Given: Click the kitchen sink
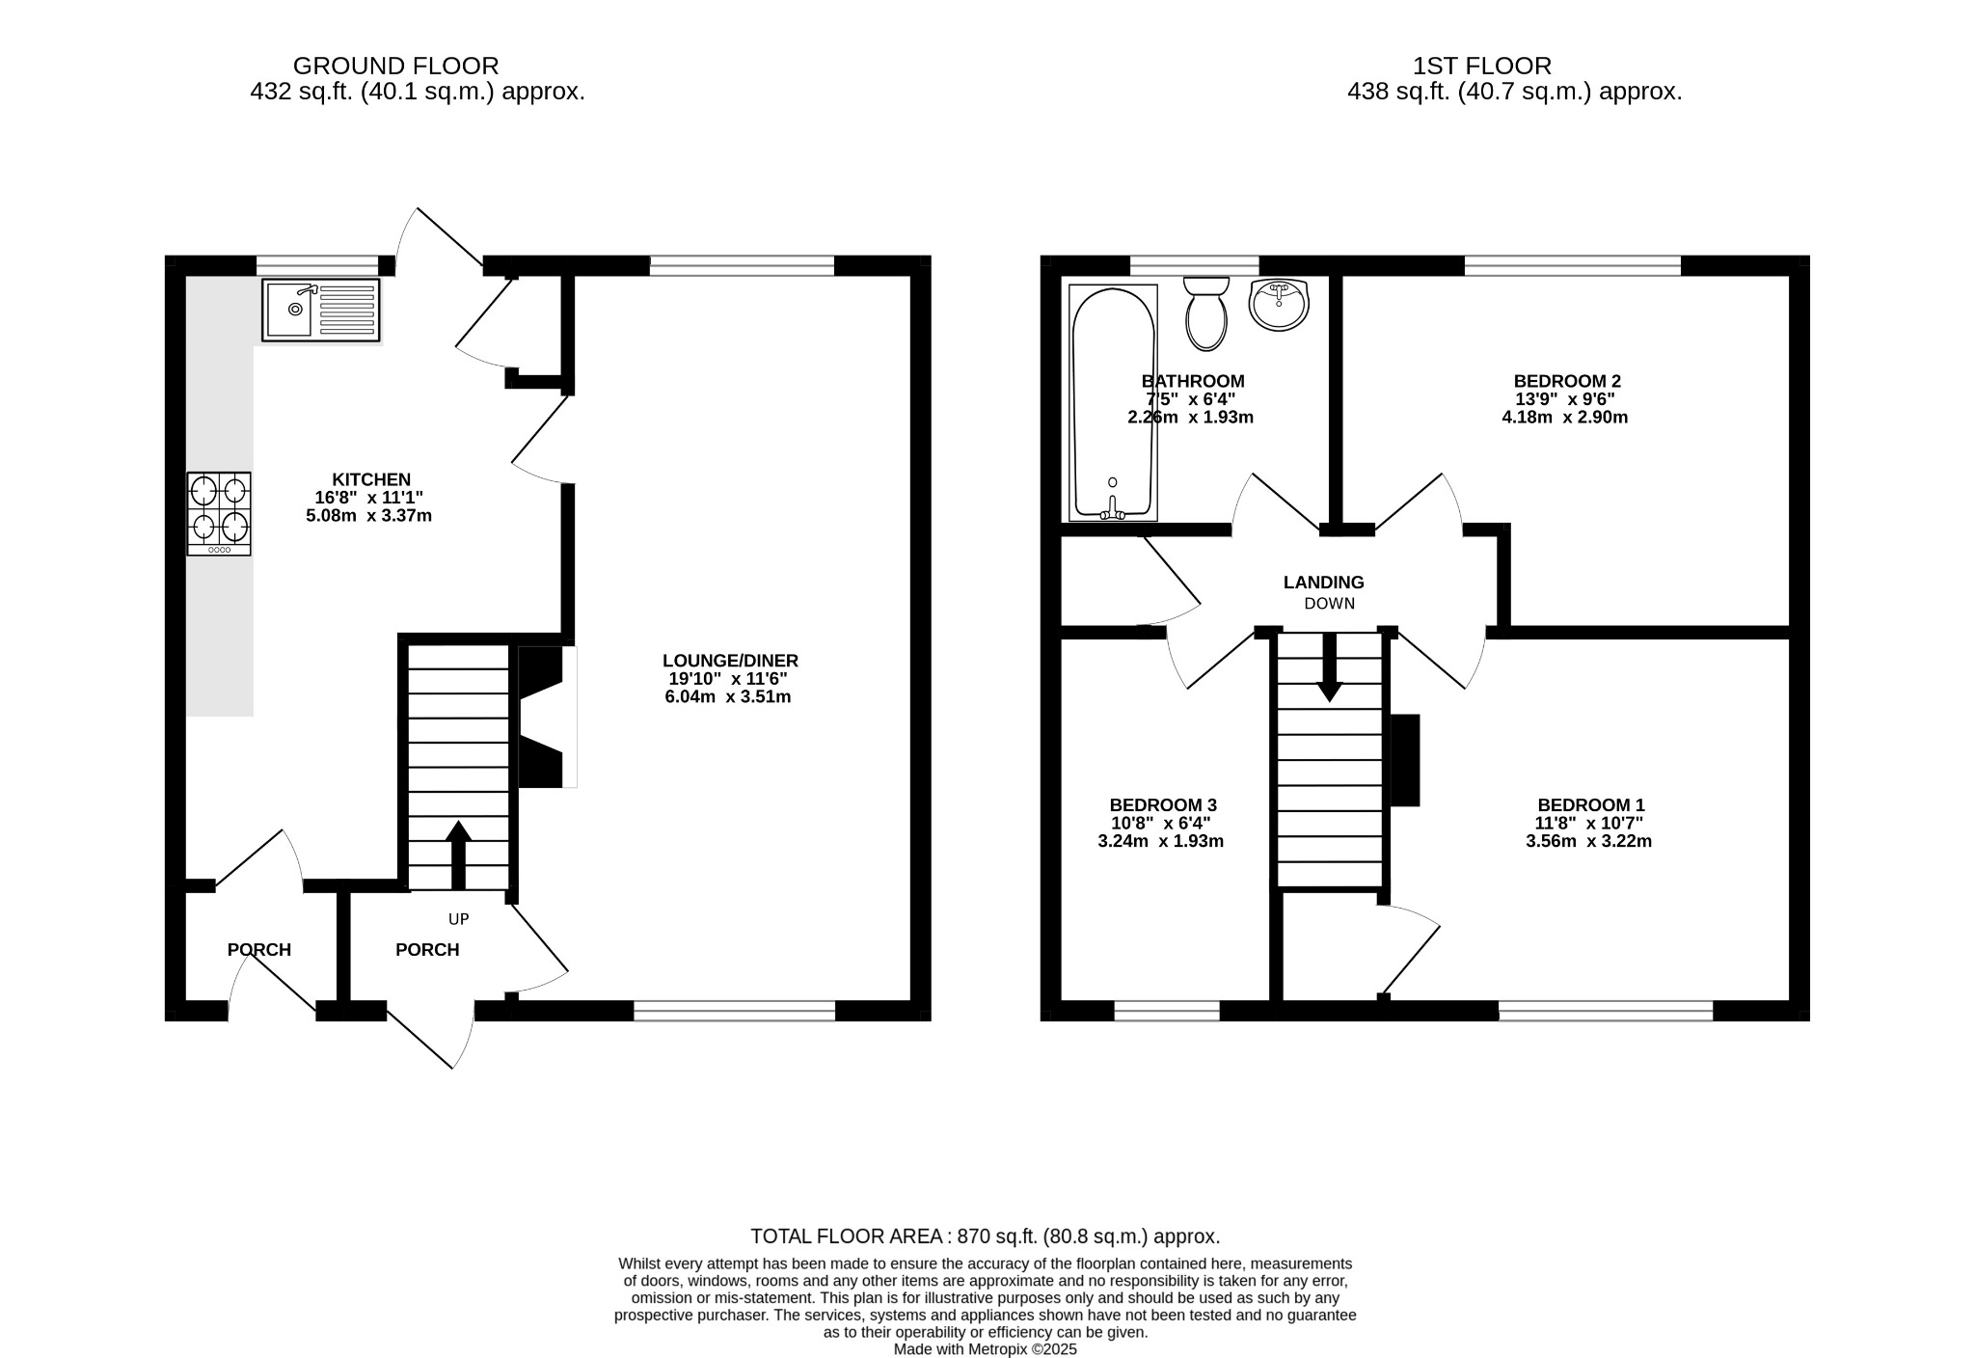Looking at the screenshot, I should pyautogui.click(x=320, y=310).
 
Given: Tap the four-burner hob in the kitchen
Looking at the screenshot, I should pyautogui.click(x=219, y=513).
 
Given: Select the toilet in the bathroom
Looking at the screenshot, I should pyautogui.click(x=1205, y=312).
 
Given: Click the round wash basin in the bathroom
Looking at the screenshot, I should pyautogui.click(x=1279, y=304).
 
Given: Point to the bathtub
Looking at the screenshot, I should pyautogui.click(x=1113, y=403).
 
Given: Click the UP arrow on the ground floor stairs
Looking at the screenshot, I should pyautogui.click(x=458, y=853).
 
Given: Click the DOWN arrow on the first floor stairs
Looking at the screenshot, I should pyautogui.click(x=1330, y=667).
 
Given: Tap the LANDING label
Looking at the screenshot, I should pyautogui.click(x=1323, y=583).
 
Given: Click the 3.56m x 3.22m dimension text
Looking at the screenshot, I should pyautogui.click(x=1588, y=841).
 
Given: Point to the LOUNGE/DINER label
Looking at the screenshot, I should pyautogui.click(x=730, y=661).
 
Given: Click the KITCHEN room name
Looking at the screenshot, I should pyautogui.click(x=371, y=479).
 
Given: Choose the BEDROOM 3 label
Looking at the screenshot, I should pyautogui.click(x=1162, y=805).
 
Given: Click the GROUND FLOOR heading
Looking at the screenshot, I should pyautogui.click(x=395, y=66).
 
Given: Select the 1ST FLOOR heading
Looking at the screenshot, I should pyautogui.click(x=1481, y=66).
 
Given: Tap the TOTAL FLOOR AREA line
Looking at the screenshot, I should pyautogui.click(x=985, y=1236).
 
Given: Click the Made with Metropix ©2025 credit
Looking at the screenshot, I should pyautogui.click(x=985, y=1349).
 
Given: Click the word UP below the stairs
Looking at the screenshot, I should pyautogui.click(x=458, y=919).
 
